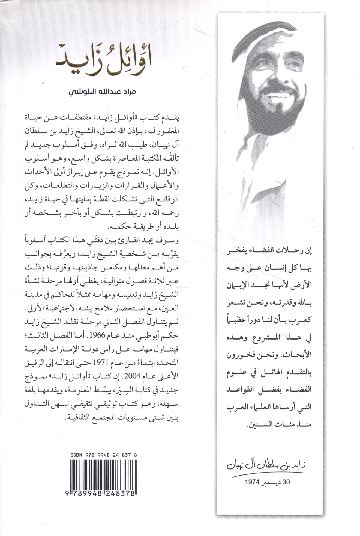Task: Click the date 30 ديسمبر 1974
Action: (x=267, y=482)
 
